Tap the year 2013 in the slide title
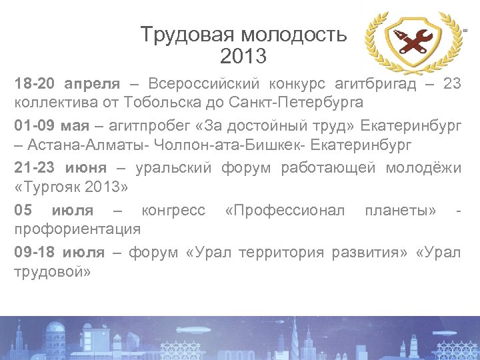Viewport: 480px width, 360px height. [243, 56]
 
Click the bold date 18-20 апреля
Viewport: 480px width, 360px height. [67, 85]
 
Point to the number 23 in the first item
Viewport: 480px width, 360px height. [451, 85]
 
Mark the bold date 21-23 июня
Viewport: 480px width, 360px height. [60, 169]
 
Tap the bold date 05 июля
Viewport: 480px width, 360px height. [54, 211]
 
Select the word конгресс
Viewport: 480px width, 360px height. [173, 211]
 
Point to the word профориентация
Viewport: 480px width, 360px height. [77, 229]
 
